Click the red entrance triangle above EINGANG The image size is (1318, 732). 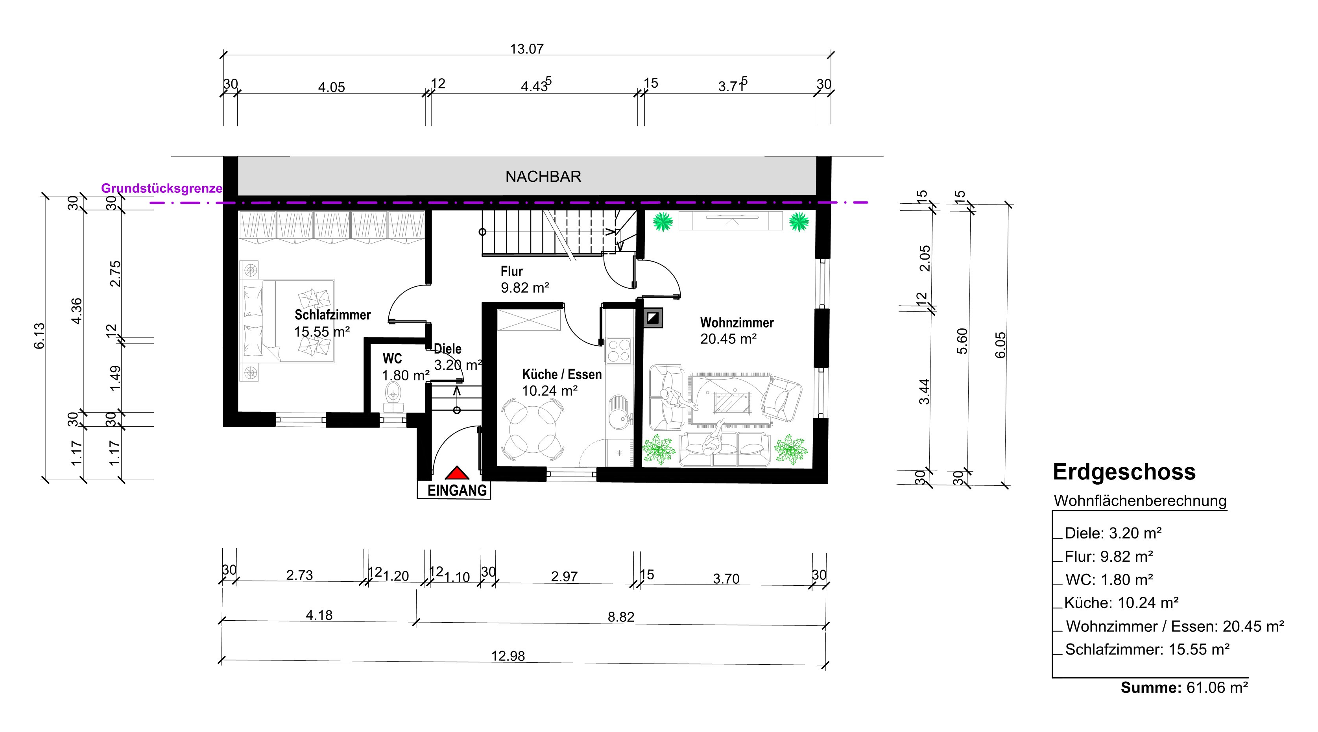(x=457, y=473)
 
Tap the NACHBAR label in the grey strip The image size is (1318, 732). (x=543, y=177)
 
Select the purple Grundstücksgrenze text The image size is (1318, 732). (x=162, y=188)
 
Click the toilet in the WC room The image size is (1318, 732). (x=393, y=397)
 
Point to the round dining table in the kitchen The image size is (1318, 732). (x=533, y=429)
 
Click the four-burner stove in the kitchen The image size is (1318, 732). (x=618, y=351)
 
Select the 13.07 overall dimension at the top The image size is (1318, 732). (x=526, y=49)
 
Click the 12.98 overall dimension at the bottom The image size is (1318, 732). (x=508, y=656)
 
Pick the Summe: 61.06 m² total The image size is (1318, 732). (x=1184, y=688)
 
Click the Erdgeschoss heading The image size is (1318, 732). (x=1124, y=472)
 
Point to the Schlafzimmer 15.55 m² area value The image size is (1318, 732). (x=322, y=332)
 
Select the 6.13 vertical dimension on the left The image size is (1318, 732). (x=39, y=336)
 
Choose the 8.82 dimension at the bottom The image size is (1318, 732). (x=621, y=617)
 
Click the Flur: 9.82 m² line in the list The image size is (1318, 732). (x=1109, y=557)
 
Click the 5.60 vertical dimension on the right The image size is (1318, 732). (x=962, y=341)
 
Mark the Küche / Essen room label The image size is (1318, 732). (x=562, y=374)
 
